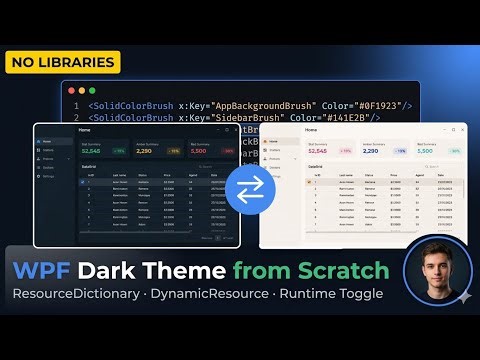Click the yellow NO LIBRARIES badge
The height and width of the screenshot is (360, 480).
click(x=62, y=62)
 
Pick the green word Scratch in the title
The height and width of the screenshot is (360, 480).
click(x=340, y=270)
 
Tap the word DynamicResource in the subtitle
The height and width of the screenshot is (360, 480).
click(x=218, y=297)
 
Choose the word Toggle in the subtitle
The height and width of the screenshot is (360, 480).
click(x=358, y=297)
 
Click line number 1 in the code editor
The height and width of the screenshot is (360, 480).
click(x=76, y=105)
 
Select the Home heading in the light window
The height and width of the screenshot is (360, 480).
click(x=310, y=130)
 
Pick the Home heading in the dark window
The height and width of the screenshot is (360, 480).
click(x=85, y=129)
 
